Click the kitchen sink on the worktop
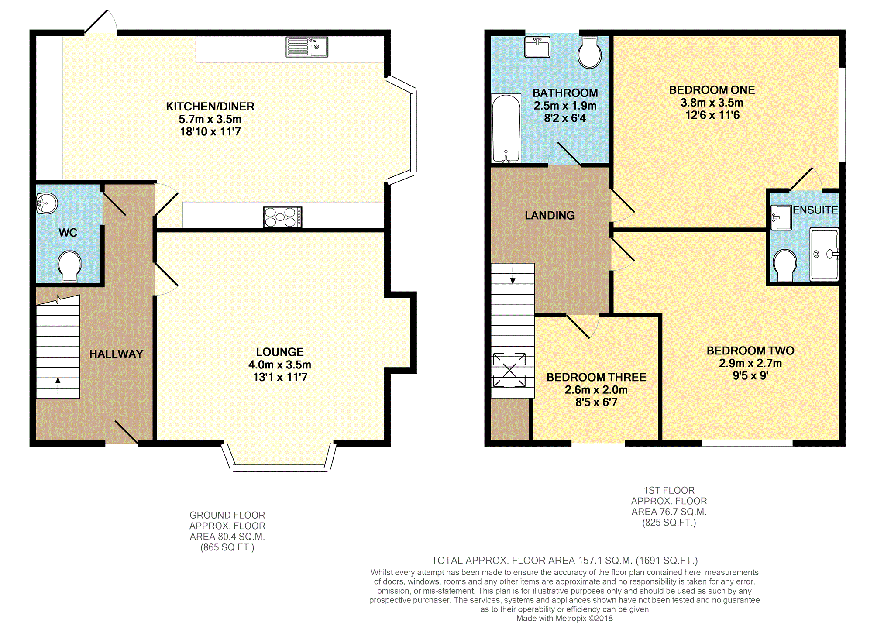tap(307, 47)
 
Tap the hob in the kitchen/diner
tap(282, 217)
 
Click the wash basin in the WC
tap(47, 203)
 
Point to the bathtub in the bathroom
tap(506, 129)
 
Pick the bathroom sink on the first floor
tap(537, 47)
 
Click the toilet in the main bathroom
tap(589, 52)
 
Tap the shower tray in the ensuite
tap(825, 254)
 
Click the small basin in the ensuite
tap(781, 217)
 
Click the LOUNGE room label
tap(280, 352)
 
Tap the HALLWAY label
tap(117, 354)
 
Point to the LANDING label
tap(550, 215)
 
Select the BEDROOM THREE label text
tap(596, 377)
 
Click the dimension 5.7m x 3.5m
tap(210, 119)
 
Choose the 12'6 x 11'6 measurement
tap(712, 115)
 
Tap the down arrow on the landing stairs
tap(513, 275)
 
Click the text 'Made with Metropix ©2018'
tap(564, 618)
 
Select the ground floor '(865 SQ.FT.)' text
tap(227, 547)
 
